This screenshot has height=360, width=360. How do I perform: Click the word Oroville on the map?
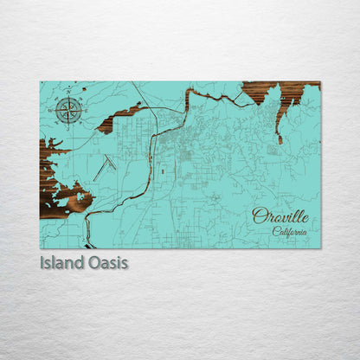click(280, 216)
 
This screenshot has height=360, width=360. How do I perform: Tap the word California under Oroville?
click(288, 231)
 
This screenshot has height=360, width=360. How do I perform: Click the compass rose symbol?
click(68, 109)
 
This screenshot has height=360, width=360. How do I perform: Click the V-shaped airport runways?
click(105, 163)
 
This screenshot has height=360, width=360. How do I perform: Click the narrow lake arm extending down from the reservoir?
click(279, 128)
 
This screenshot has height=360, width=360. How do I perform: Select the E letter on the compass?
click(83, 109)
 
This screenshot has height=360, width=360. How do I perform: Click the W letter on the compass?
click(55, 109)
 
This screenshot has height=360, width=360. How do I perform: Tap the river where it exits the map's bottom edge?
click(87, 243)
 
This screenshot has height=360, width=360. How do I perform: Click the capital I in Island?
click(42, 262)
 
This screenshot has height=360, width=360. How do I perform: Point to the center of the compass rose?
click(68, 109)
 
